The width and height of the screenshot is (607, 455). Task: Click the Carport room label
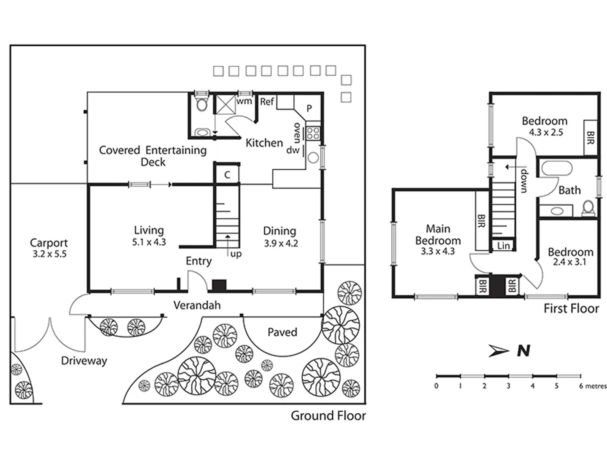(49, 243)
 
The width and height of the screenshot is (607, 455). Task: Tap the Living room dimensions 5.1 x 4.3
(149, 242)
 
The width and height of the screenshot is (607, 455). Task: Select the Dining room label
(279, 231)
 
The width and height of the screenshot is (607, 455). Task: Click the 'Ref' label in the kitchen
(267, 102)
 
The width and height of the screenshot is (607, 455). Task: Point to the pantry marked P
(309, 108)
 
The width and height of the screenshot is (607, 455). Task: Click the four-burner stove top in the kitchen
(313, 134)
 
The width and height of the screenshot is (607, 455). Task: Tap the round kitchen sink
(313, 158)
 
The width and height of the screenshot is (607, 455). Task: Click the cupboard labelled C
(227, 175)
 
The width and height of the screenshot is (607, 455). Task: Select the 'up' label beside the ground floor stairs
(236, 254)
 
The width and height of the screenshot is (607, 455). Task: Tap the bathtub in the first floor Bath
(556, 169)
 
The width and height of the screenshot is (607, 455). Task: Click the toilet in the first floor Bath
(588, 207)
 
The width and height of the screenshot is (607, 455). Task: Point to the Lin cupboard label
(503, 246)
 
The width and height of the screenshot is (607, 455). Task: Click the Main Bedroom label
(438, 235)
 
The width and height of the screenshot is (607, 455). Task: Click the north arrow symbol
(499, 351)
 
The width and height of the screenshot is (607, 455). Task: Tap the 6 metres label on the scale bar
(592, 386)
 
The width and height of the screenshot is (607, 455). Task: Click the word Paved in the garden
(282, 332)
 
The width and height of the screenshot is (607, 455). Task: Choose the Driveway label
(84, 361)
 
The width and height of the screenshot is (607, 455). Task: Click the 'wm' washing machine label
(244, 101)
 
